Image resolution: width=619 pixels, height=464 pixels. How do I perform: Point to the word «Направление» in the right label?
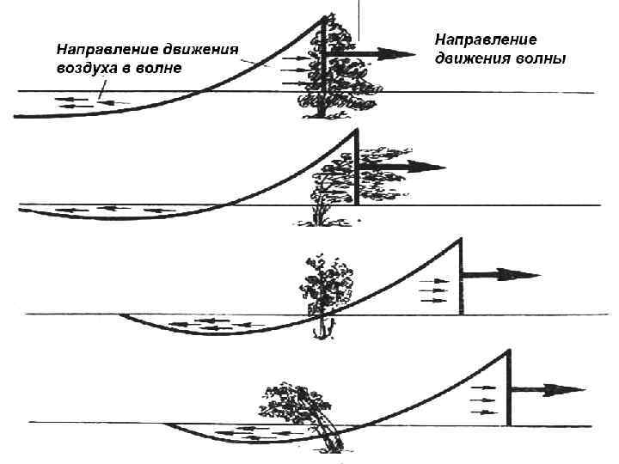tap(486, 40)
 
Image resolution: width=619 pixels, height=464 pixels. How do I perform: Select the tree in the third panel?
tap(324, 288)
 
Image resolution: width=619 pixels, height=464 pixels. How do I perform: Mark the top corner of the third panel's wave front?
tap(461, 236)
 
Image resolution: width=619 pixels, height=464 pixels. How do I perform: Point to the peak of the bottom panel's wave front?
tap(509, 350)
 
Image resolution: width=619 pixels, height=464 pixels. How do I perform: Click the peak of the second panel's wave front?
tap(356, 130)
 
